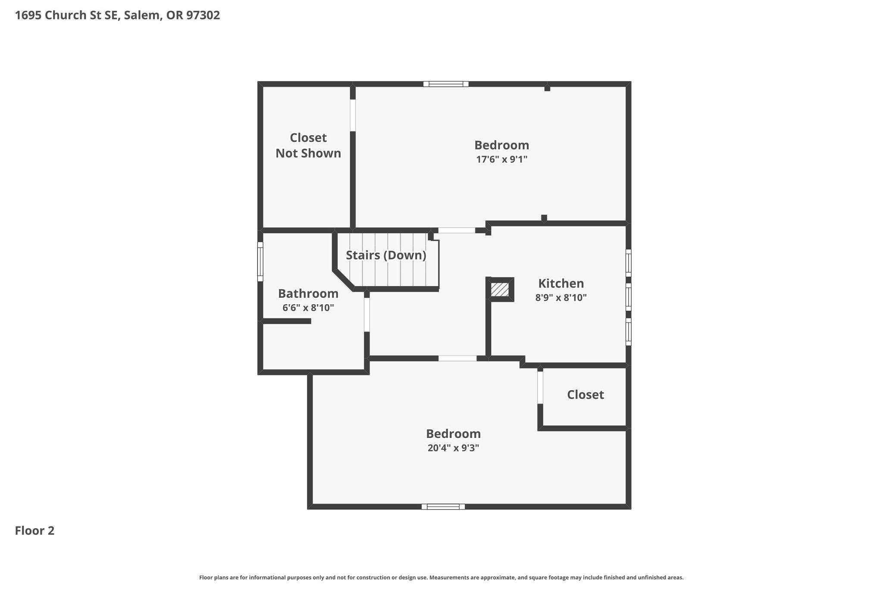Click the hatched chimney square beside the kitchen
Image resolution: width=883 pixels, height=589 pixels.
coord(500,290)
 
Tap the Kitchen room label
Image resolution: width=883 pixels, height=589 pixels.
coord(561,283)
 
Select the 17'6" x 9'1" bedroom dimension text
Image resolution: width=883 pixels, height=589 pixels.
coord(501,159)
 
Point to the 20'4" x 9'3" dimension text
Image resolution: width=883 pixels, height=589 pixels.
coord(453,448)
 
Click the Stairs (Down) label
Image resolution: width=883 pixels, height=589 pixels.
coord(386,255)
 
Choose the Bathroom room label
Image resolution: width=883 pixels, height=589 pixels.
coord(308,293)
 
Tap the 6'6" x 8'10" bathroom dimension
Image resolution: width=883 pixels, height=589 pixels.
coord(308,308)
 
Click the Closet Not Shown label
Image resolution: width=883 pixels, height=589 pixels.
coord(308,145)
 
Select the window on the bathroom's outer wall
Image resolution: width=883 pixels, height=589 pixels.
coord(260,261)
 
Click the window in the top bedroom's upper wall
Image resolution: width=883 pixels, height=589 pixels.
coord(446,84)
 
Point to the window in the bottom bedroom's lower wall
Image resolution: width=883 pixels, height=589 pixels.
coord(443,507)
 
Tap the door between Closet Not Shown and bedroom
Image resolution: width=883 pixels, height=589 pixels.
coord(353,115)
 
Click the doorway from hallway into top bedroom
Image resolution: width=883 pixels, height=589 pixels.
coord(457,230)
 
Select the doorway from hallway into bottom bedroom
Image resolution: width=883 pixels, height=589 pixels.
coord(457,358)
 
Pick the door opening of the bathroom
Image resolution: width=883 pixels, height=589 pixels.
coord(367,315)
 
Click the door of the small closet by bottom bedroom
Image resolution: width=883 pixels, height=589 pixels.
coord(540,387)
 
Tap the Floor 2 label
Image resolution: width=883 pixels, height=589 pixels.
coord(35,530)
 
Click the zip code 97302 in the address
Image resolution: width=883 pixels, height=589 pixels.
coord(203,15)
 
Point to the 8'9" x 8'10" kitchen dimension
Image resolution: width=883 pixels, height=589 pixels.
coord(561,297)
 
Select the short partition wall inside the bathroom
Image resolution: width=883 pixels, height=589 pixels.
coord(287,321)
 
